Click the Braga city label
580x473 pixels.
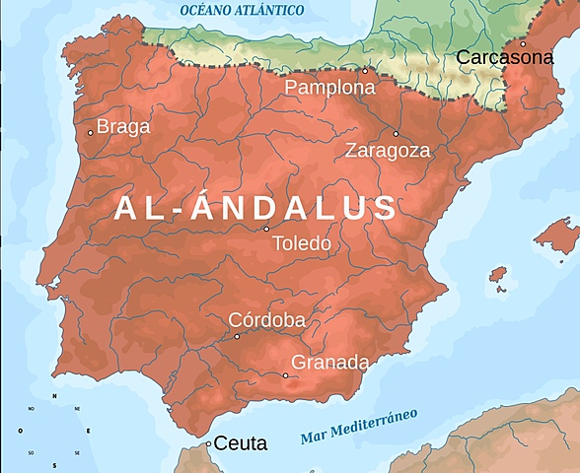coord(124,126)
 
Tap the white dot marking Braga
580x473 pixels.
coord(91,132)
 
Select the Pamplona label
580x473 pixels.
coord(330,88)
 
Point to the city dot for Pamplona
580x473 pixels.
coord(364,71)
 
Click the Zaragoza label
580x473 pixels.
coord(388,151)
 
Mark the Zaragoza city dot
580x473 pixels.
coord(397,134)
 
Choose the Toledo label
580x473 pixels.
coord(301,243)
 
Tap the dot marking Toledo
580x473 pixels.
coord(266,229)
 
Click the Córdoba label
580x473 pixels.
coord(266,320)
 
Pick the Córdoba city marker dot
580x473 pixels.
coord(237,336)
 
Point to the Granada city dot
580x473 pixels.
coord(286,375)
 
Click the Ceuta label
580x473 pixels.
coord(241,444)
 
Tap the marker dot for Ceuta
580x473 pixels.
coord(208,444)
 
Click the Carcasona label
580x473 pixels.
coord(504,58)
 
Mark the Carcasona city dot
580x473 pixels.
coord(524,43)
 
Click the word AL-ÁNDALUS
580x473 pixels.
coord(256,208)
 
